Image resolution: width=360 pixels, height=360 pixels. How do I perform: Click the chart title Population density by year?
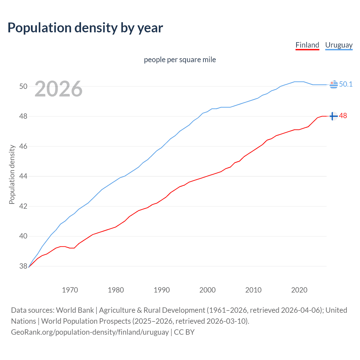(x=85, y=28)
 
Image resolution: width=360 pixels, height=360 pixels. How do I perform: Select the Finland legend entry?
(x=307, y=45)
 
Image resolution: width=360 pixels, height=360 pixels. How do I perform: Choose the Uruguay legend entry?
(x=339, y=45)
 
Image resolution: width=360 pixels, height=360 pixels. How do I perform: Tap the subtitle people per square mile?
(x=180, y=60)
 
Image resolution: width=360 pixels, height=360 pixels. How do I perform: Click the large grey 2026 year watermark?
(x=58, y=89)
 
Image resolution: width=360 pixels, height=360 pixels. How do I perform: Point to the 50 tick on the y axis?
(x=23, y=86)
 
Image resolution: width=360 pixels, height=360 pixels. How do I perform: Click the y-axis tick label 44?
(x=23, y=176)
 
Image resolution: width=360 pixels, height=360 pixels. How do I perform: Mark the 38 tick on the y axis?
(x=23, y=266)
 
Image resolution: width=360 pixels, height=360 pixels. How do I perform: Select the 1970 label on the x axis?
(x=70, y=290)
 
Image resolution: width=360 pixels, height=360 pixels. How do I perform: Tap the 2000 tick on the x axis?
(x=207, y=290)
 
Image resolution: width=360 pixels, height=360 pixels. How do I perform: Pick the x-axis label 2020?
(x=299, y=290)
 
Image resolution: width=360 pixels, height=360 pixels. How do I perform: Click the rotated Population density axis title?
(x=12, y=174)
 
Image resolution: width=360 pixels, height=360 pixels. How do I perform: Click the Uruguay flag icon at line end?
(x=334, y=84)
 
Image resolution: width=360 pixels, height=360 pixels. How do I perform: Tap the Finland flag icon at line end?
(x=333, y=116)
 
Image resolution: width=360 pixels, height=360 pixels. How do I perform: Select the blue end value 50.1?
(x=346, y=84)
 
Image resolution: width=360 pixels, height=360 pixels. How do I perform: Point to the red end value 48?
(x=343, y=116)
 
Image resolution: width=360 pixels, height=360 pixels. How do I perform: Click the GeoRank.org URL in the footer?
(x=90, y=332)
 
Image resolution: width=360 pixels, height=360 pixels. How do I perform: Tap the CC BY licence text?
(x=184, y=332)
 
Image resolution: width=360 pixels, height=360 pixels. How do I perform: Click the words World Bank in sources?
(x=75, y=310)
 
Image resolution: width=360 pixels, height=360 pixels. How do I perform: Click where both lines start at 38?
(x=29, y=267)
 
